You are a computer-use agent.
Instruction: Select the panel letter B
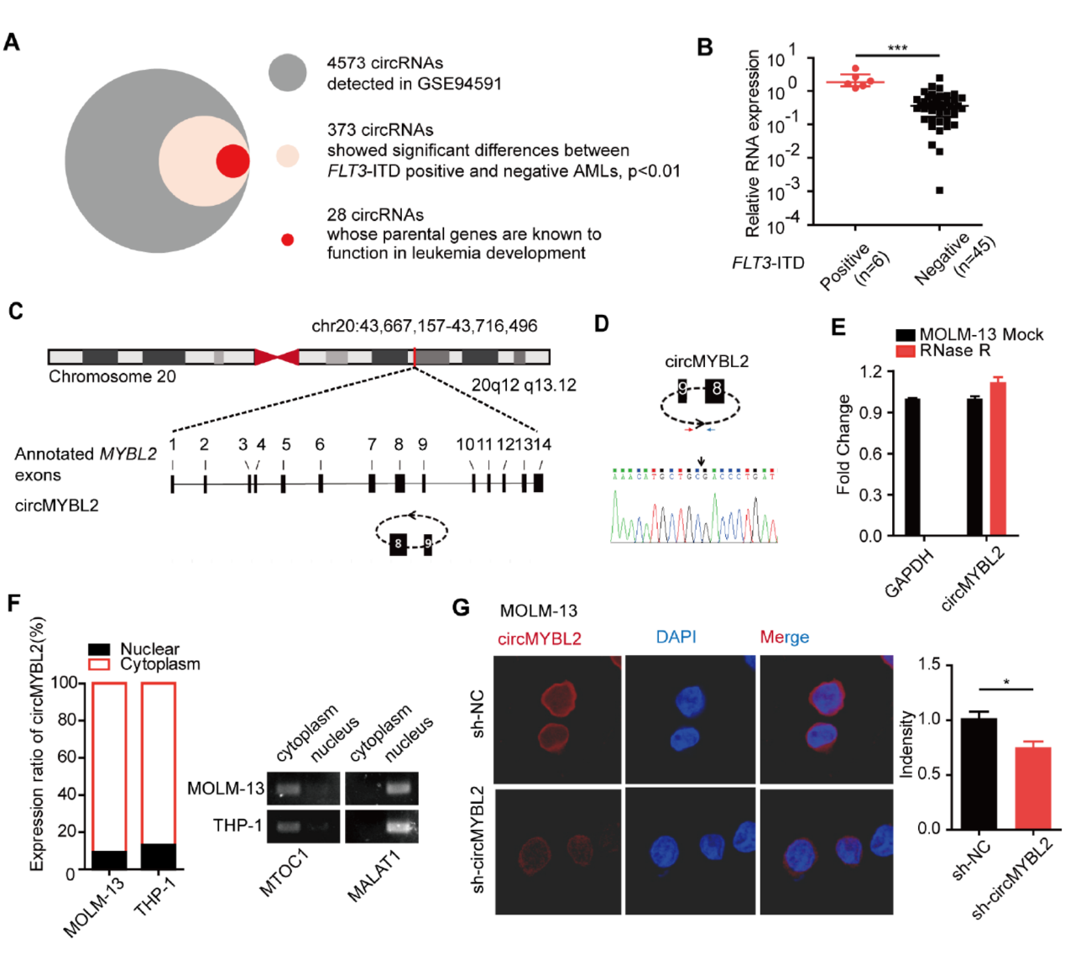[705, 47]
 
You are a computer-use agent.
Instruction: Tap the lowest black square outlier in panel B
[939, 191]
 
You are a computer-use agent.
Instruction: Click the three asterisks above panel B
[897, 48]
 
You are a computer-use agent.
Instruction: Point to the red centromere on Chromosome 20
[276, 357]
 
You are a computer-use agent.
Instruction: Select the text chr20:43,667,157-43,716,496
[424, 326]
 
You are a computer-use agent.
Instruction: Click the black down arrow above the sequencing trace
[701, 459]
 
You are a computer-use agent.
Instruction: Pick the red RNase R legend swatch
[905, 351]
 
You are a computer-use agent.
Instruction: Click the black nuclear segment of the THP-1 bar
[159, 856]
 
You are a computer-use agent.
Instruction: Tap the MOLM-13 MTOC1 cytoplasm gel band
[288, 789]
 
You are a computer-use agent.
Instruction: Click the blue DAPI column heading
[676, 637]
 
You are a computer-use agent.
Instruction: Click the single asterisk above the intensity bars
[1006, 683]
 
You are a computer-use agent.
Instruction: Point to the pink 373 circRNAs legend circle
[288, 155]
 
